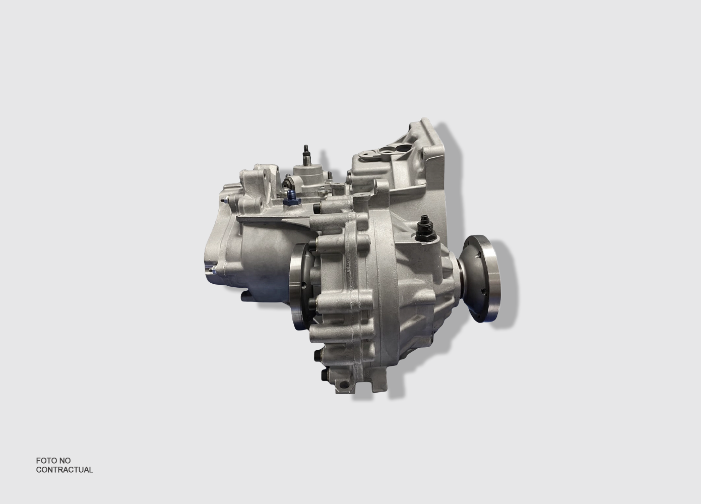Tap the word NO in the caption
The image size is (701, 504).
click(x=65, y=461)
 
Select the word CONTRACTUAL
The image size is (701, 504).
click(x=65, y=470)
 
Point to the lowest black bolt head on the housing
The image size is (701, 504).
click(x=323, y=374)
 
